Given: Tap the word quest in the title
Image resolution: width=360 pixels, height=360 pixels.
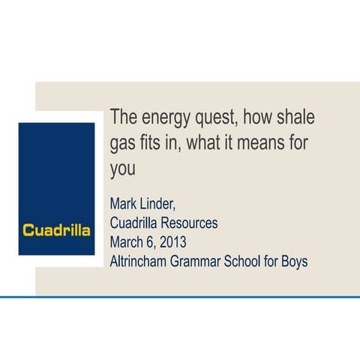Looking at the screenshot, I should click(217, 119).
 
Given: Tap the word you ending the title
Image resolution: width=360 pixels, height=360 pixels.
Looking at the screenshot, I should click(123, 169).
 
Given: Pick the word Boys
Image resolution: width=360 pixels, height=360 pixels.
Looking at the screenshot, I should click(294, 262).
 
